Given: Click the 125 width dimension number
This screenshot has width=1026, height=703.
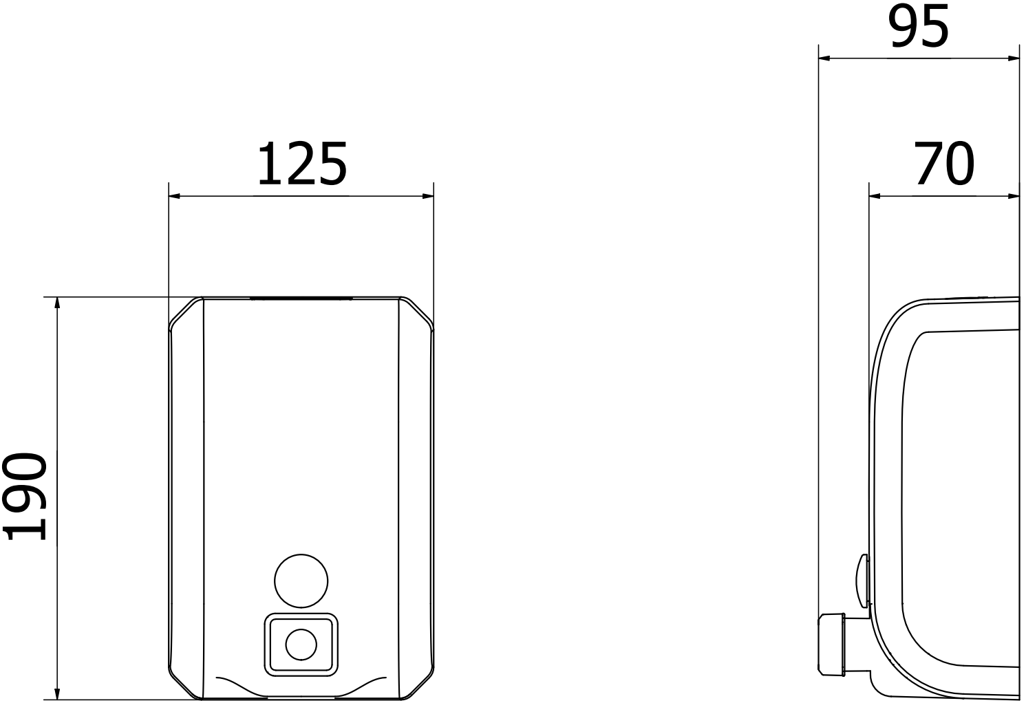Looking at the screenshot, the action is coord(302,164).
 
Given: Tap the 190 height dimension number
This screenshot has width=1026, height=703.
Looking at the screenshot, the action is coord(25,497).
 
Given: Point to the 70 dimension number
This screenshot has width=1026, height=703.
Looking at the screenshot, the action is coord(945,163).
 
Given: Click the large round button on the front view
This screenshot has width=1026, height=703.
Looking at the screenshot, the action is coord(301,581).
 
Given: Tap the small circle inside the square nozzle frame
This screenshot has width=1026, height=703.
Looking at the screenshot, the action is coord(301,645).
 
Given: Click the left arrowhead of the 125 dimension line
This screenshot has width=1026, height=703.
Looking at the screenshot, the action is coord(175,196).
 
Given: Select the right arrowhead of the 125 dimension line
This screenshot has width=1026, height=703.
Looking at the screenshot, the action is coord(428,196).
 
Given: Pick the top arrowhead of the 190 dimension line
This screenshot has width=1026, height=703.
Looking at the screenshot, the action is coord(57,303).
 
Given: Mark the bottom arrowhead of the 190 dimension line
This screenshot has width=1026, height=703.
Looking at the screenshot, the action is coord(57,693).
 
